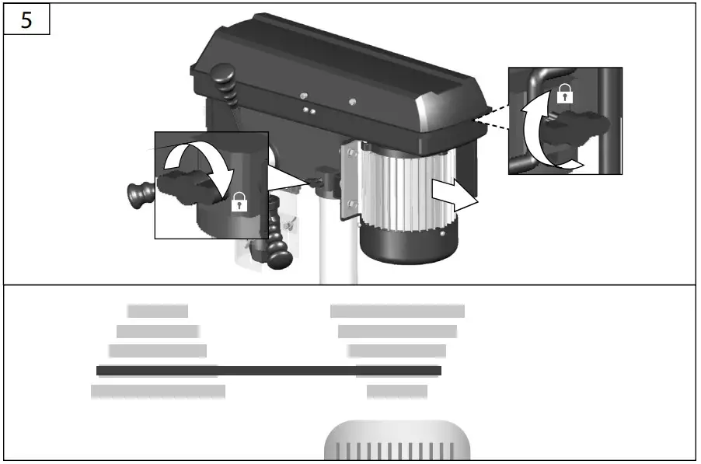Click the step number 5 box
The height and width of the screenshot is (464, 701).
26,20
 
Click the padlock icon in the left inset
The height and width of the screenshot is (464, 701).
239,203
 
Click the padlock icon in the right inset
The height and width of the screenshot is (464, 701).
566,95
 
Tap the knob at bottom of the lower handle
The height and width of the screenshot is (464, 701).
279,257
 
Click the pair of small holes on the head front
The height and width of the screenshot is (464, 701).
309,111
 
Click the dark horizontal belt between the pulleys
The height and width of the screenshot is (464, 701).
269,371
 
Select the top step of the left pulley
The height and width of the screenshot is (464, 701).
158,311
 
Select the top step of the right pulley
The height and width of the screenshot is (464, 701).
397,311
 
